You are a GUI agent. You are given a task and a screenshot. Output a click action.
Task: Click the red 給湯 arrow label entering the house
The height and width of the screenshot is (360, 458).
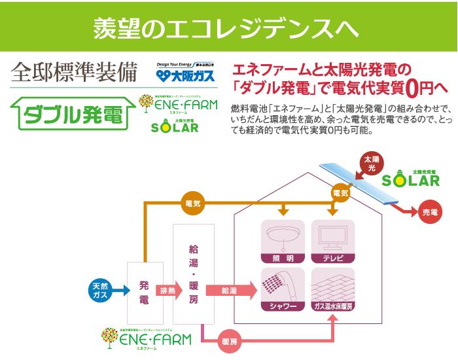click(230, 290)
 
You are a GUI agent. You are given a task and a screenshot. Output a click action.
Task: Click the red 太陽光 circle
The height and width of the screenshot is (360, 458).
click(371, 162)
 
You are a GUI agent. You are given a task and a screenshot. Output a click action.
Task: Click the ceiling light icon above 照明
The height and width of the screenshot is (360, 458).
click(283, 236)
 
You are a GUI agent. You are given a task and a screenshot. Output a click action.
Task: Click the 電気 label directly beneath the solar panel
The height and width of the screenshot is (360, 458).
click(340, 193)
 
